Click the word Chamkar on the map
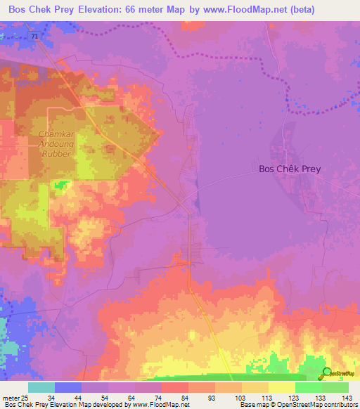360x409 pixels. (x=61, y=134)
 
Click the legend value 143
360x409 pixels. (x=347, y=397)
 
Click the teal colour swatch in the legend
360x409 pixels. (x=41, y=387)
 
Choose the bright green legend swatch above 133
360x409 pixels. (x=308, y=387)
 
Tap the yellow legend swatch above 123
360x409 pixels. (x=281, y=387)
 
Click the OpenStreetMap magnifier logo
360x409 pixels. (x=327, y=372)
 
